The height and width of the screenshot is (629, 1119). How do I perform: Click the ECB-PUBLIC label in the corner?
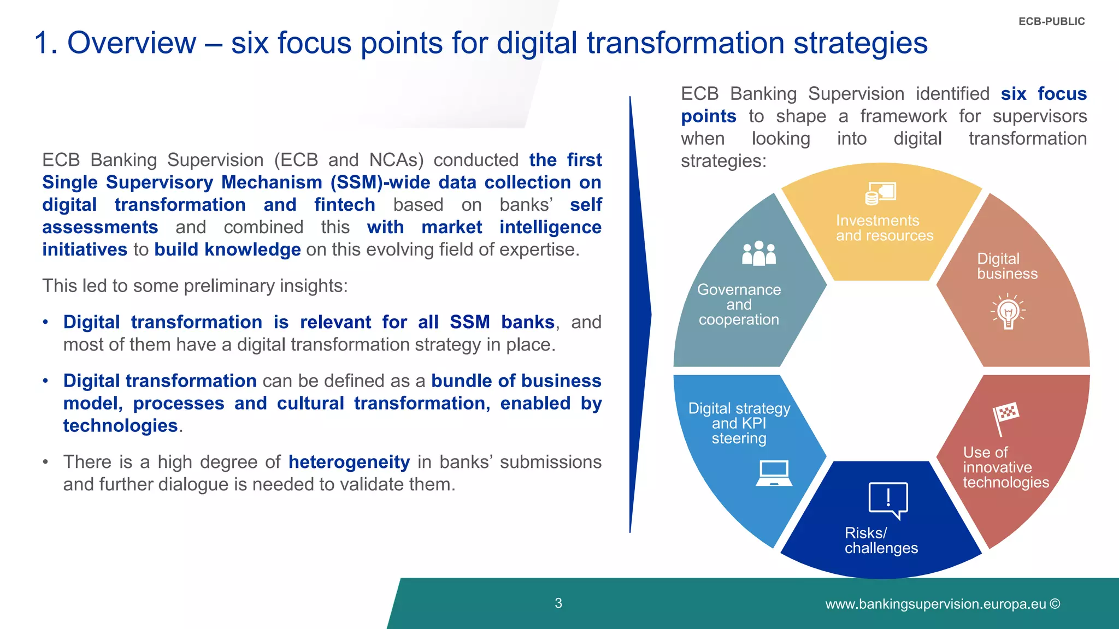[1051, 22]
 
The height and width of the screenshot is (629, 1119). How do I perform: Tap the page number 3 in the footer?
[558, 603]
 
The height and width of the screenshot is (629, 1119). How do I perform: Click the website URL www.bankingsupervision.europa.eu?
[935, 604]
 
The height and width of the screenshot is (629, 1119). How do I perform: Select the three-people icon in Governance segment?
[758, 254]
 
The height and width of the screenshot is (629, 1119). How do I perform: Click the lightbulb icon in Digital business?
[1008, 311]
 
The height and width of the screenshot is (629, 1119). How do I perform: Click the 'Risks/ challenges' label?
[881, 541]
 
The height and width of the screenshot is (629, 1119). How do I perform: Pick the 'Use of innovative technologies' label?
[1005, 467]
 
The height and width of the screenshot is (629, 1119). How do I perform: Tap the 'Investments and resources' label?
[884, 228]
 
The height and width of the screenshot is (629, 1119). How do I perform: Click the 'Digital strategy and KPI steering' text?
[739, 423]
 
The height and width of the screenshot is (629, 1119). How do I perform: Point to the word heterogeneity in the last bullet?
[349, 462]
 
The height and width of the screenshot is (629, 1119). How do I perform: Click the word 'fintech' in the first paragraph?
[344, 205]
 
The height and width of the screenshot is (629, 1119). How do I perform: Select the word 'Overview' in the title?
[131, 43]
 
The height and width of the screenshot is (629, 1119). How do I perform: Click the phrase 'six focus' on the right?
[1043, 94]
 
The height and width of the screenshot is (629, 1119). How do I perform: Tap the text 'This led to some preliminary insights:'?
[195, 286]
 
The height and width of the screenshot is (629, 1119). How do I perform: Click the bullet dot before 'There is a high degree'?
[46, 462]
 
